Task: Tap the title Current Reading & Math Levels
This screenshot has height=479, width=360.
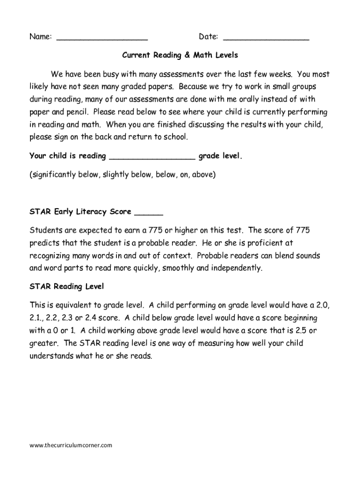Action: click(x=180, y=55)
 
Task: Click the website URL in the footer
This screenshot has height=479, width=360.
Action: click(x=71, y=445)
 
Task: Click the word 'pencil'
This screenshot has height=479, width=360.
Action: click(x=77, y=112)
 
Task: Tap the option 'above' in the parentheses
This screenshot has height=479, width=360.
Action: click(x=204, y=174)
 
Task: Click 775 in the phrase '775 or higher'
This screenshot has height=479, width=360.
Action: click(x=156, y=231)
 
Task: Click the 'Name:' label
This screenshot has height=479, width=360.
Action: click(x=40, y=37)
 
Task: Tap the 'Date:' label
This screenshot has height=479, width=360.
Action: click(x=209, y=37)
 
